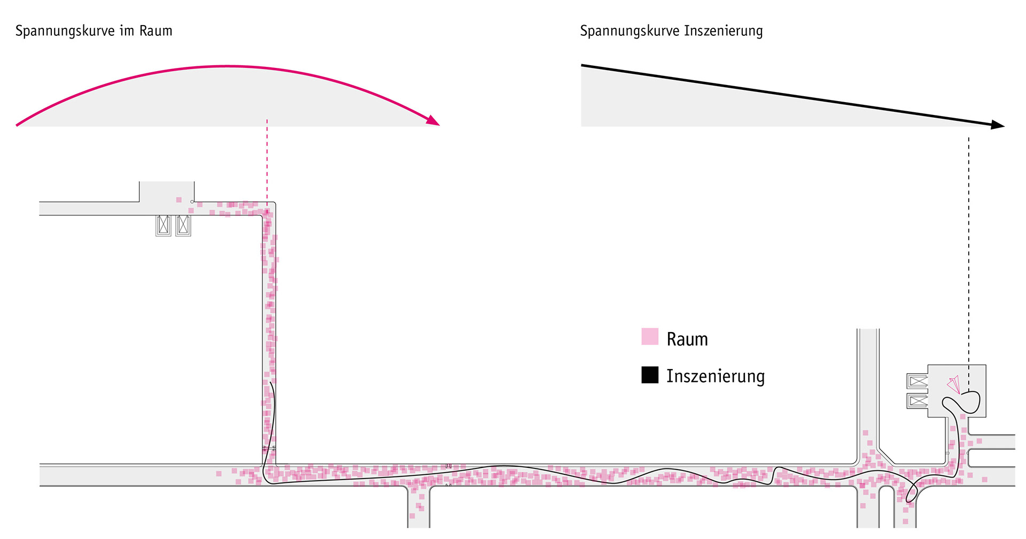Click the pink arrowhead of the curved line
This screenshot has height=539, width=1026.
click(433, 121)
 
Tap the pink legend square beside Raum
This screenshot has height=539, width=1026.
click(649, 336)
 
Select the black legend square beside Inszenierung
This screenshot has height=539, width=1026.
click(649, 374)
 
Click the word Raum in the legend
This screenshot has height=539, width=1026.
click(687, 339)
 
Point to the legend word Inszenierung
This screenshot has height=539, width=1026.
click(715, 376)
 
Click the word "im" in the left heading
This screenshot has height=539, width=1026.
click(127, 30)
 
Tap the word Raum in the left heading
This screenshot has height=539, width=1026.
click(156, 30)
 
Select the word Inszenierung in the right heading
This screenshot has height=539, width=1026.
click(723, 31)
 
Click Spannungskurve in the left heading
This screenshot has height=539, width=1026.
click(65, 31)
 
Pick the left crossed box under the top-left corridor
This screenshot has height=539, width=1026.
click(164, 225)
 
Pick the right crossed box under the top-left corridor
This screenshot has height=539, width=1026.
click(183, 225)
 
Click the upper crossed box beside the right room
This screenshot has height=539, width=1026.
click(918, 381)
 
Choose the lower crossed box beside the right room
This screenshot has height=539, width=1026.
click(918, 401)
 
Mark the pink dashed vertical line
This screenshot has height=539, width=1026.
click(267, 160)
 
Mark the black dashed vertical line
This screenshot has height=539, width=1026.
click(969, 241)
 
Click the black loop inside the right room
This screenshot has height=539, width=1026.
click(967, 402)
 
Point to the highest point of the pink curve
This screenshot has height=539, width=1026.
click(227, 66)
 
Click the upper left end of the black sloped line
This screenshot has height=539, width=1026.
click(582, 66)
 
